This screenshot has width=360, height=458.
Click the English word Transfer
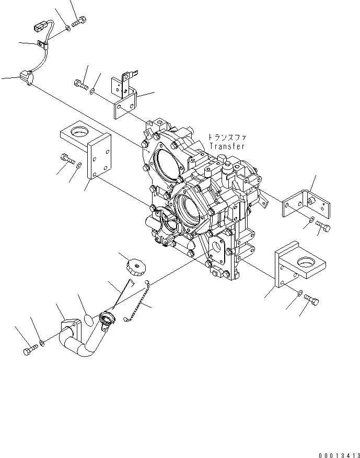tap(227, 147)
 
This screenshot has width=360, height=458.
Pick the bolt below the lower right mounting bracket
tap(311, 300)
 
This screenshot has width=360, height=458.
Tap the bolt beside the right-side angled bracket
tap(321, 225)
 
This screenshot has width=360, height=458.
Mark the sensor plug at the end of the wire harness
tap(26, 78)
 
